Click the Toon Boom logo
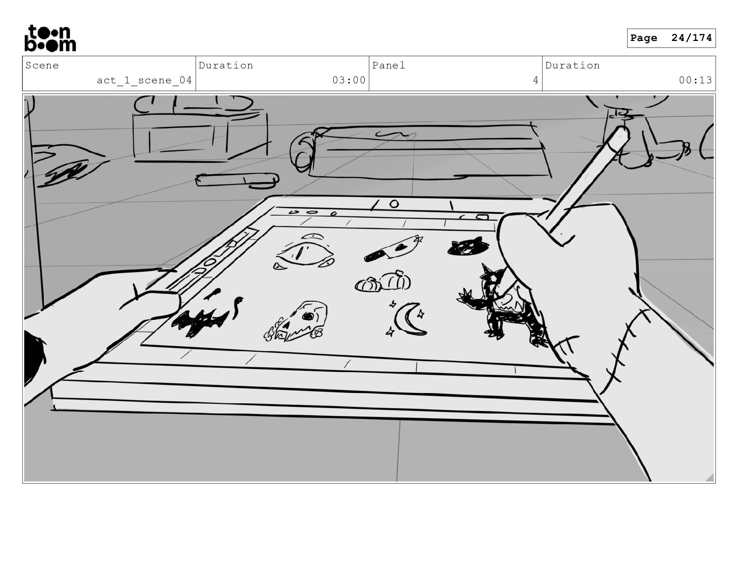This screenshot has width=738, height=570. point(50,38)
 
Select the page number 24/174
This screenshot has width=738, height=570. point(691,38)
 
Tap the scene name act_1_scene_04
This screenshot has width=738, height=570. point(144,80)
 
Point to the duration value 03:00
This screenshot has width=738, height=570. point(349,80)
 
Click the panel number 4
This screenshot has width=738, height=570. point(536,80)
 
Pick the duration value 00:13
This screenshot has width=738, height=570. point(695,80)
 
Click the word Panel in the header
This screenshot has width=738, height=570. point(389,65)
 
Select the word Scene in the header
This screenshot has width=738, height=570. point(42,65)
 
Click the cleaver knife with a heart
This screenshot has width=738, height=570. point(393,249)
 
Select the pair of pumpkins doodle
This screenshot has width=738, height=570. point(383,281)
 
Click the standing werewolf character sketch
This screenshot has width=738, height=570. point(503,305)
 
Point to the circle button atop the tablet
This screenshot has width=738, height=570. point(394,204)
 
